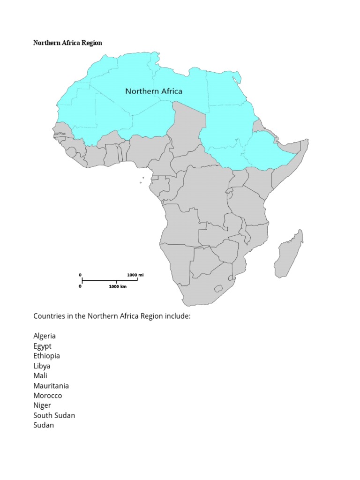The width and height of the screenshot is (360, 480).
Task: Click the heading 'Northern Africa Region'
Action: [x=67, y=43]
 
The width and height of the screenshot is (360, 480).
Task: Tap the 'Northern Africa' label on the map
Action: [x=154, y=91]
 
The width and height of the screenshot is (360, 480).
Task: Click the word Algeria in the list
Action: [x=45, y=336]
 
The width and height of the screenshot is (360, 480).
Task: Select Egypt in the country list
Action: [x=42, y=346]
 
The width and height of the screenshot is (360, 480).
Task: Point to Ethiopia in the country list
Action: [x=46, y=356]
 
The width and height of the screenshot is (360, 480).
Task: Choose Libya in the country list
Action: [x=42, y=366]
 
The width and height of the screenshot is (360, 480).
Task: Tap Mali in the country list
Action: [x=40, y=375]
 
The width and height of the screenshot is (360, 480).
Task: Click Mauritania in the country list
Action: [x=51, y=386]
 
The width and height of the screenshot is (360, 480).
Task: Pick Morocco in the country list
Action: [x=47, y=396]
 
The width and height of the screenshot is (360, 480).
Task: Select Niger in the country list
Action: [x=42, y=405]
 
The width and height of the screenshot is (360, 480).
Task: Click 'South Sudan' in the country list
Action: [x=54, y=415]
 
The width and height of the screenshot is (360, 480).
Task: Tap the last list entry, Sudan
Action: [x=44, y=425]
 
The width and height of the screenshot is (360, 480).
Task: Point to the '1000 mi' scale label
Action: [x=135, y=275]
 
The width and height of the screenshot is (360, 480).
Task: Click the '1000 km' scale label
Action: [x=118, y=286]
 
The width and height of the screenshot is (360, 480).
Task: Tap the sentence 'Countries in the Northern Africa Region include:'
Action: [x=112, y=316]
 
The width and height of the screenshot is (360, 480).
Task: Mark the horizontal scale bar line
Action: [x=109, y=281]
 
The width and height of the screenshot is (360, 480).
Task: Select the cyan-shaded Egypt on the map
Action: [x=226, y=89]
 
